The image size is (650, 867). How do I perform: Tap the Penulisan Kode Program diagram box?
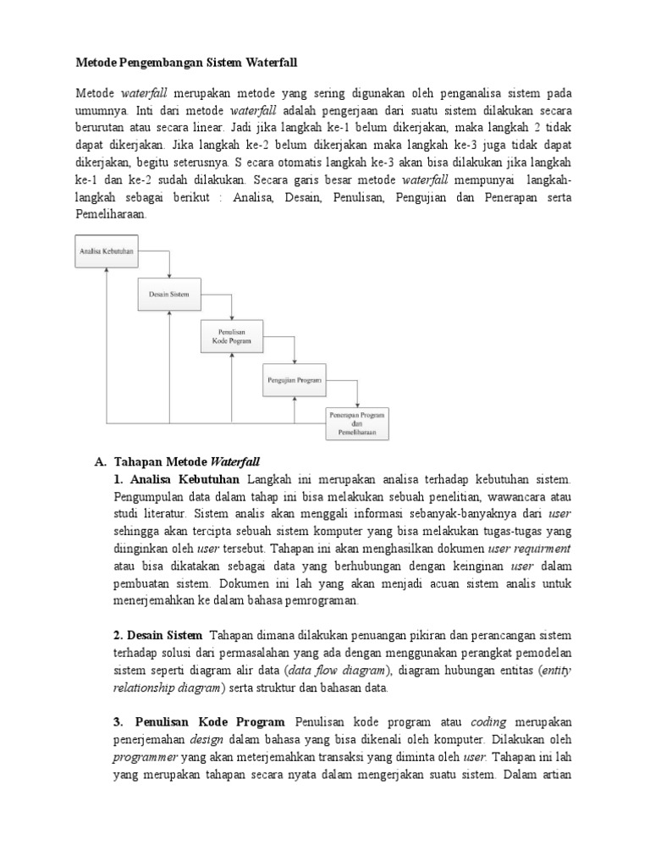(231, 336)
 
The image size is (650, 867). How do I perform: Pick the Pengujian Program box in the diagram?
(293, 380)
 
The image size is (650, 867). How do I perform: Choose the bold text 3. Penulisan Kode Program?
(201, 722)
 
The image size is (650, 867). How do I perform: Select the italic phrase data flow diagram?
(347, 671)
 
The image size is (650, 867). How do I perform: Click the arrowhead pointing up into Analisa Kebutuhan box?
(106, 267)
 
